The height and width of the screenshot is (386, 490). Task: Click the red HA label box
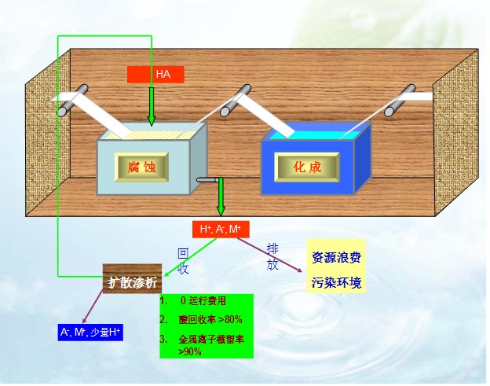[x=155, y=75]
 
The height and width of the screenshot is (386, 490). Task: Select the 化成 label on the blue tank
[x=307, y=167]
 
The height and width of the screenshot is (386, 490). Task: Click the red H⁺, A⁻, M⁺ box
[x=221, y=229]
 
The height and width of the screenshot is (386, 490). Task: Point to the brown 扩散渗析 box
[x=132, y=281]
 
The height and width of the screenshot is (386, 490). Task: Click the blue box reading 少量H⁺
[x=90, y=332]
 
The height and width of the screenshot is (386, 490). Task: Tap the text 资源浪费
[x=336, y=257]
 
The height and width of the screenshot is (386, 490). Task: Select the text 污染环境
[x=336, y=282]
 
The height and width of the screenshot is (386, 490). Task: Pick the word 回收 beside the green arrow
[x=183, y=261]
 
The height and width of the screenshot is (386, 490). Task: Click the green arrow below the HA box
[x=152, y=105]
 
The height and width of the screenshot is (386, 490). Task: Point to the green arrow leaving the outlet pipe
[x=221, y=199]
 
